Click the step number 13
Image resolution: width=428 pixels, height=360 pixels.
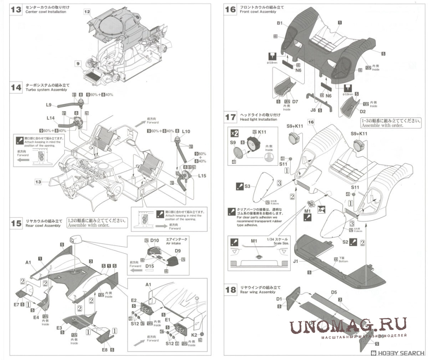[x=16, y=9]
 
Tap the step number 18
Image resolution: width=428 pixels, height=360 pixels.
[x=230, y=289]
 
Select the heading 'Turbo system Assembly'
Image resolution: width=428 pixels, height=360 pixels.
[x=47, y=90]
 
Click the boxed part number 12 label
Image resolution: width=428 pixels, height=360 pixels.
[x=87, y=12]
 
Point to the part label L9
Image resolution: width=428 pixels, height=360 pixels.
[x=48, y=105]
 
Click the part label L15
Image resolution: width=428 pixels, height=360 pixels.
[x=202, y=176]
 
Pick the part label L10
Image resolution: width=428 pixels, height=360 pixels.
[x=186, y=131]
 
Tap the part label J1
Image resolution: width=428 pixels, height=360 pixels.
[x=296, y=261]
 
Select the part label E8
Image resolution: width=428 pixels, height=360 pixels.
[x=104, y=349]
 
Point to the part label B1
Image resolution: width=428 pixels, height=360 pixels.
[x=279, y=24]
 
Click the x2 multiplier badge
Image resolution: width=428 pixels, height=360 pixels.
[x=235, y=133]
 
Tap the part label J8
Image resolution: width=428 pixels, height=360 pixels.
[x=313, y=110]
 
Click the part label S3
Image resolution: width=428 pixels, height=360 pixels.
[x=247, y=186]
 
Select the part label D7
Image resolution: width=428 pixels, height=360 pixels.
[x=295, y=101]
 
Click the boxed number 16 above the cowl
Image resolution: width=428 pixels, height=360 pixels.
[x=311, y=122]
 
